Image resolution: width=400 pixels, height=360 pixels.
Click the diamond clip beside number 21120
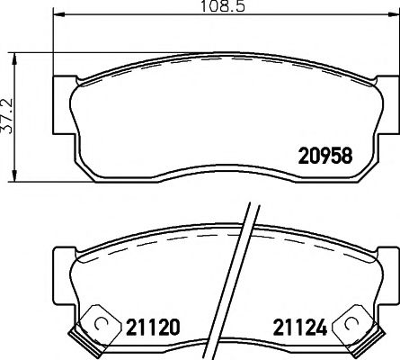(99, 326)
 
